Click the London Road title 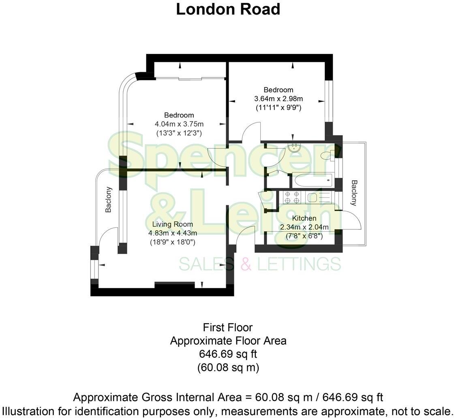point(228,9)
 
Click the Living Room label point(173,224)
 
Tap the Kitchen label point(304,218)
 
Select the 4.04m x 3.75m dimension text point(179,124)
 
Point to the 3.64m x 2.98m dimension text point(278,98)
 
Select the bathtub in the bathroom point(312,181)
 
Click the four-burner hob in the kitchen point(292,197)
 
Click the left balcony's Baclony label point(108,199)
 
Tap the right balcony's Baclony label point(354,193)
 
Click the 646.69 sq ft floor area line point(228,354)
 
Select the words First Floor point(228,327)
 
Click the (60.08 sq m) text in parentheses point(228,367)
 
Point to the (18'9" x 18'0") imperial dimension point(173,242)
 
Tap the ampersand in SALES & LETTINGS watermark point(246,264)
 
